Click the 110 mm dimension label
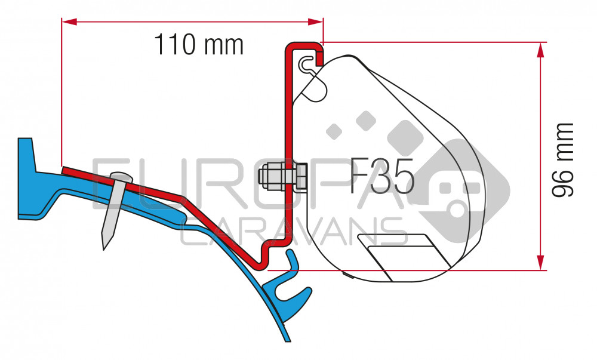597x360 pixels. click(198, 45)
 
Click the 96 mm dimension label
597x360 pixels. click(562, 159)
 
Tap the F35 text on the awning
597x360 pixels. click(381, 176)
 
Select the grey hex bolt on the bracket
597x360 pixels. click(282, 177)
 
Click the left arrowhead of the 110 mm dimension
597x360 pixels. click(69, 21)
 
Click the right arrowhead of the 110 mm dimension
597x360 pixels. click(315, 21)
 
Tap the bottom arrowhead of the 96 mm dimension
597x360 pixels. click(540, 262)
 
